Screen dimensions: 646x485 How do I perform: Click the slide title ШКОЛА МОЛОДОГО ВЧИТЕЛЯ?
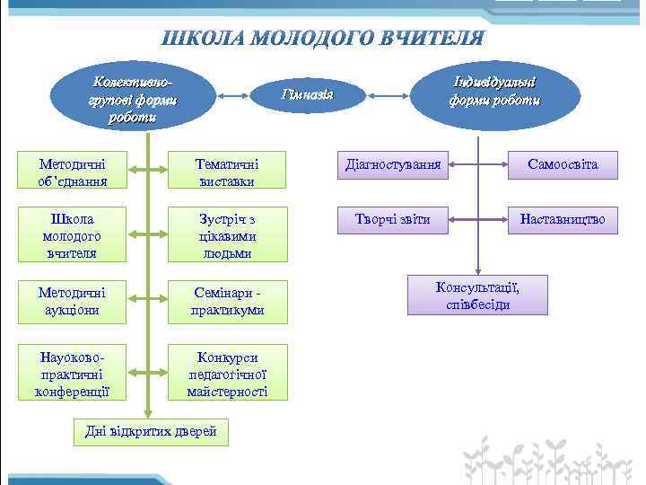[323, 39]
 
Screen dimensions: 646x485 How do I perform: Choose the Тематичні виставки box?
[227, 172]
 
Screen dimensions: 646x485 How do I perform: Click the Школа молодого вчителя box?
[73, 235]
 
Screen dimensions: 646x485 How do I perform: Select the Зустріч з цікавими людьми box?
[227, 235]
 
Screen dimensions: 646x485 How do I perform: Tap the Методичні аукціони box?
[73, 301]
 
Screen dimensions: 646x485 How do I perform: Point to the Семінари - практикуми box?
[227, 301]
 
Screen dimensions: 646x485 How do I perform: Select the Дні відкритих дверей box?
[151, 432]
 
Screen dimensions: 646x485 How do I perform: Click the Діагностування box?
[393, 164]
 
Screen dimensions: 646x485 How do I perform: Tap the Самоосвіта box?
[563, 164]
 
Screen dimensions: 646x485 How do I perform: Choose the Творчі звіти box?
[393, 218]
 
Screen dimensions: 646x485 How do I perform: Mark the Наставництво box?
[563, 218]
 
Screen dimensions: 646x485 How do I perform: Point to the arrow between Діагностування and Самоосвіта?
[478, 164]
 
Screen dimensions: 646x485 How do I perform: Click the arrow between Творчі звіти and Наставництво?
[478, 218]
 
